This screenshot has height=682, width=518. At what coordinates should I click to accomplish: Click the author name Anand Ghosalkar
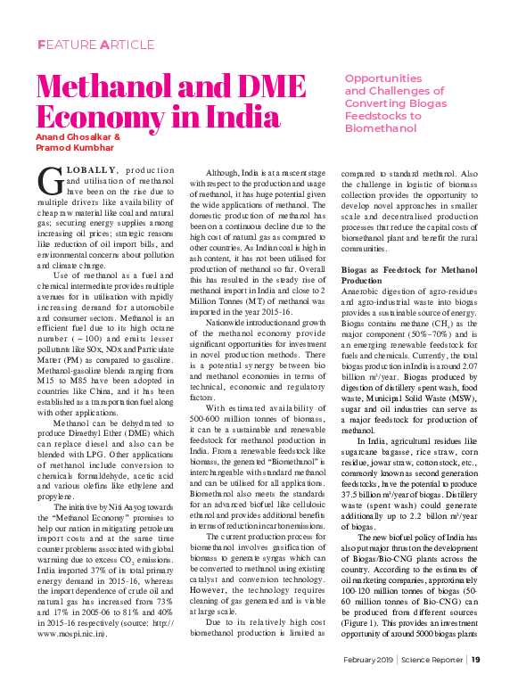pos(74,137)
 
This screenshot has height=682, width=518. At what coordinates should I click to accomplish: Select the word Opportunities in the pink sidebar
pos(383,78)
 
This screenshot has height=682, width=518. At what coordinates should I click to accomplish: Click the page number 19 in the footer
pos(476,660)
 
